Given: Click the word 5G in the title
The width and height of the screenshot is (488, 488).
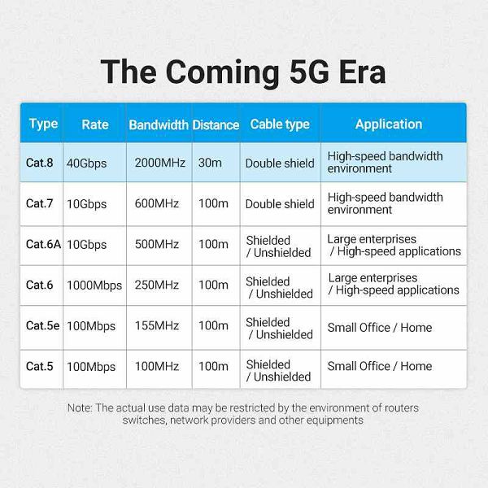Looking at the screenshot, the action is (309, 72).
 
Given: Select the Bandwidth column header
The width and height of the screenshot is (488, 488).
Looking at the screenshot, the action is (159, 124).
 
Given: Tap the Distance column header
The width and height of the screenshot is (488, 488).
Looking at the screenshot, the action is (216, 124).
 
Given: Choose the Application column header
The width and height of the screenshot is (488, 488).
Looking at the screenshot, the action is (389, 124).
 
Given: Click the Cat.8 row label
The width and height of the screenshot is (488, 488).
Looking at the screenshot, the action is (40, 163).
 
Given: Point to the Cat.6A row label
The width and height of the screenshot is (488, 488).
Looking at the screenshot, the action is (43, 244).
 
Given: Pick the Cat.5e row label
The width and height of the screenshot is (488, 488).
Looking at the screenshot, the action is (42, 326).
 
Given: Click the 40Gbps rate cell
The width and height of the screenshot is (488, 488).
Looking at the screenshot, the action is (86, 163).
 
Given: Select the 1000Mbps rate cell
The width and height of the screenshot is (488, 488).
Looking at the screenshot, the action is (94, 285).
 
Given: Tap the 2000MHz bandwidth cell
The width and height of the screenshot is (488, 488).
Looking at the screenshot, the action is (160, 163).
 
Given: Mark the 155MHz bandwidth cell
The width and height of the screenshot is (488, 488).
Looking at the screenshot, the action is (157, 326).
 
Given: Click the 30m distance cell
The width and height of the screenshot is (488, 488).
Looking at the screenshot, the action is (210, 163).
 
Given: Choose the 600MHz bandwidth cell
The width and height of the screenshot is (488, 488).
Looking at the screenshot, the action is (157, 203).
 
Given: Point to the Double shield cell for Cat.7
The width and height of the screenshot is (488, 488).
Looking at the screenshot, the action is (280, 204).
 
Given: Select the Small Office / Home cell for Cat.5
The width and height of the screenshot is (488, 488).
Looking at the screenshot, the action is (380, 366).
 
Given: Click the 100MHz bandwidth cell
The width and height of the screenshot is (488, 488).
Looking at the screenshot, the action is (157, 366).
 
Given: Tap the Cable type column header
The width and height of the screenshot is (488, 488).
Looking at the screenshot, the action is (280, 124).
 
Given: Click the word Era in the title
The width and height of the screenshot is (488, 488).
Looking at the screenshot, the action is (363, 72).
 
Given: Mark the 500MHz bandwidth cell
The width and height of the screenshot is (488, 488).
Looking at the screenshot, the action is (157, 244).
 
